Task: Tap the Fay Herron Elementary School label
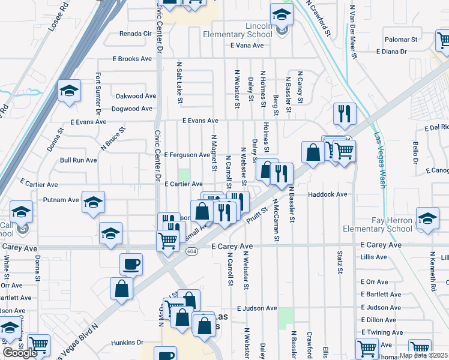[378, 224]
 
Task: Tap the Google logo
[20, 352]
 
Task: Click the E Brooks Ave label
[133, 59]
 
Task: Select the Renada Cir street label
[136, 34]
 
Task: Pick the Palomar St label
[400, 40]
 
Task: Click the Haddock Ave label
[328, 194]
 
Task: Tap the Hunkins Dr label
[127, 343]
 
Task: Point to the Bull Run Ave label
[78, 160]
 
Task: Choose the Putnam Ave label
[61, 200]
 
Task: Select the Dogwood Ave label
[133, 109]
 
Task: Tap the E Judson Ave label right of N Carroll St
[257, 308]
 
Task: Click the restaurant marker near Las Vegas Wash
[345, 112]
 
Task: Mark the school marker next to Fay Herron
[427, 219]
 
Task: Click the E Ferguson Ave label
[187, 155]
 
